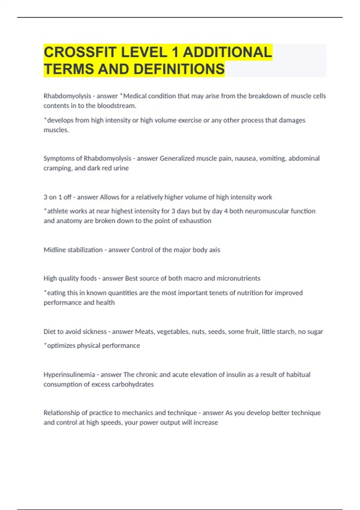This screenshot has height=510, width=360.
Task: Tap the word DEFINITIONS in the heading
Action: (x=179, y=69)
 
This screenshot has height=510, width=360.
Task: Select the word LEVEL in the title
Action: (x=144, y=52)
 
